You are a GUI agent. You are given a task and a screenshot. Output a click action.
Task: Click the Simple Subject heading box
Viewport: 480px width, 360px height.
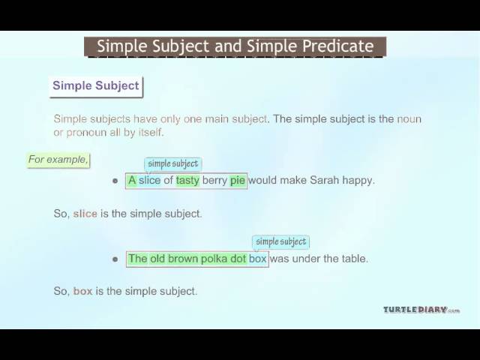coord(96,87)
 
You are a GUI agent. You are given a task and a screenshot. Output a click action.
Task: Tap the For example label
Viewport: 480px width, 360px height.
coord(58,160)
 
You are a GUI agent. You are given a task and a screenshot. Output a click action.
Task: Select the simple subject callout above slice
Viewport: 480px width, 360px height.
coord(173,164)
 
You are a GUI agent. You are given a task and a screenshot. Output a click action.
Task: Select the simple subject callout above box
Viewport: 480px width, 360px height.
coord(280,242)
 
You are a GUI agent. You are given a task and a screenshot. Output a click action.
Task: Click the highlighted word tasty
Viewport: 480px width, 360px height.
coord(187,180)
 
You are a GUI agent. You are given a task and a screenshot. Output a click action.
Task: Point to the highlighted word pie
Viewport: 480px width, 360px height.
coord(238,181)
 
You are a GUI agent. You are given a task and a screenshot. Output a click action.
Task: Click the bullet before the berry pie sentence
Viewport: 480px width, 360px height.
coord(115,181)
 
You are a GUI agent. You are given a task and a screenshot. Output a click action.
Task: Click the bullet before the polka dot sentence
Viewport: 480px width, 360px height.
coord(115,259)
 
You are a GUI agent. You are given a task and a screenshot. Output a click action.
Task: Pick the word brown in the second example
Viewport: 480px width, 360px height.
coord(183,259)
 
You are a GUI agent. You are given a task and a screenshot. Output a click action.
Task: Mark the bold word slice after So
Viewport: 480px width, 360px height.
coord(85,214)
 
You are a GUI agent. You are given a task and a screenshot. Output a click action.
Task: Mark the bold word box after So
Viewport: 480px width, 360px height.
coord(83,291)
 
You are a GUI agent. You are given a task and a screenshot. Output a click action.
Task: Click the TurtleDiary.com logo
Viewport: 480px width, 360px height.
coord(421,310)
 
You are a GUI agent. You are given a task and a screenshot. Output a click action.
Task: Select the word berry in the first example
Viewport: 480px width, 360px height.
coord(214,181)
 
